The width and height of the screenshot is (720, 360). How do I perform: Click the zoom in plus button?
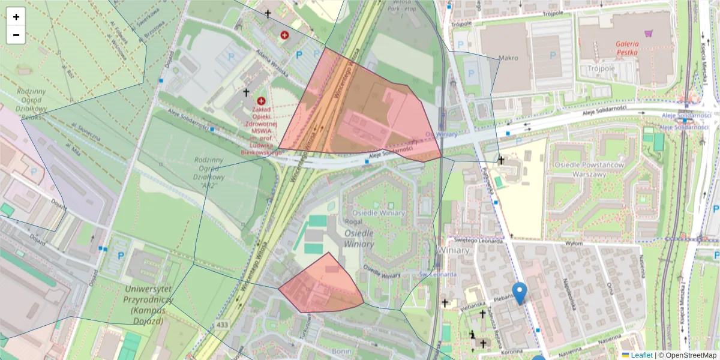point(16,17)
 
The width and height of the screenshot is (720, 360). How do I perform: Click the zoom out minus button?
point(16,35)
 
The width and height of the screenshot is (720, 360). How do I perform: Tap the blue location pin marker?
point(520,292)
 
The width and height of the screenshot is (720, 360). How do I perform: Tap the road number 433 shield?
point(223,325)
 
